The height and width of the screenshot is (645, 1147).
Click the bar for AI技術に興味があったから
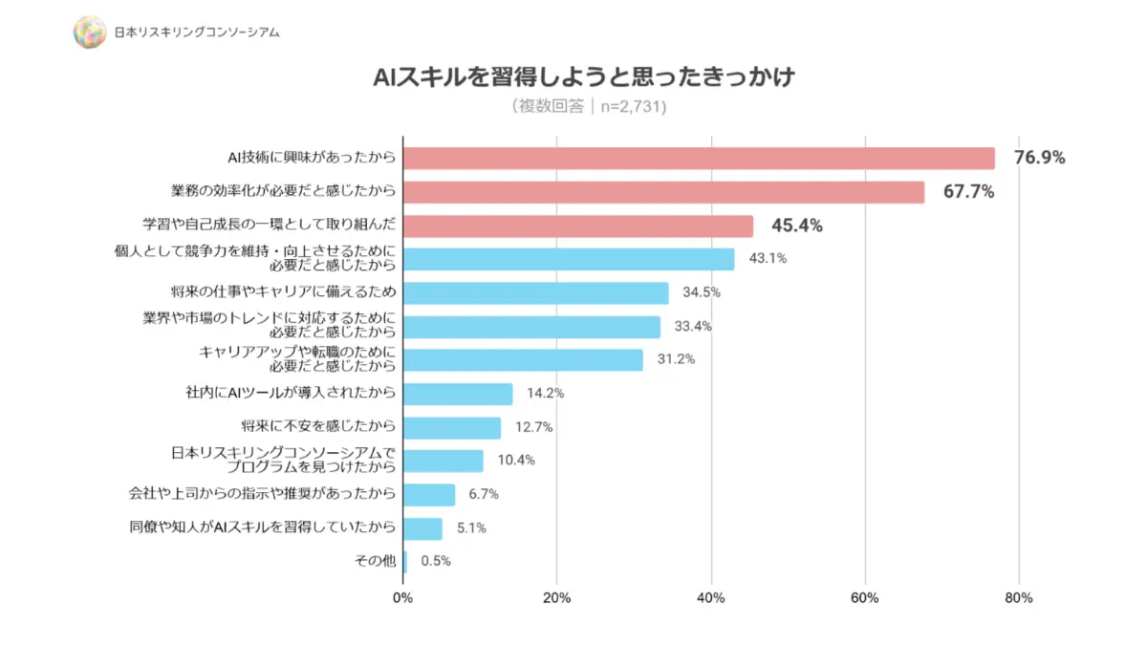coord(699,159)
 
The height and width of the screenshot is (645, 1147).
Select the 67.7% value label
coord(968,192)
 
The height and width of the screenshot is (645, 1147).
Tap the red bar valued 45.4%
coord(578,226)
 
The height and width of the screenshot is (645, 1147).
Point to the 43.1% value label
coord(768,259)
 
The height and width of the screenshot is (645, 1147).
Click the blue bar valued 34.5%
coord(536,292)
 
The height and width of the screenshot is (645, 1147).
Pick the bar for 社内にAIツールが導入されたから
coord(458,394)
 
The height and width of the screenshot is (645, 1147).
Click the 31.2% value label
coord(676,359)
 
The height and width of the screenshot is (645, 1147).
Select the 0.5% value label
coord(435,561)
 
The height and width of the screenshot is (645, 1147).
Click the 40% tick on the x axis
coord(711,598)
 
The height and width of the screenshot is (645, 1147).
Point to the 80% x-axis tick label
coord(1019,598)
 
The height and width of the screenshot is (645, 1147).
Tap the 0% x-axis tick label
coord(403,598)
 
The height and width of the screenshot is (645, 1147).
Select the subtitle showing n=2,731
coord(589,106)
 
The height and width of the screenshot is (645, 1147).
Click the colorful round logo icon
coord(89,32)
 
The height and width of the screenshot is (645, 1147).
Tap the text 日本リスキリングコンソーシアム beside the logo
coord(197,32)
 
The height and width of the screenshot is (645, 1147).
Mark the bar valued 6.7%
coord(429,494)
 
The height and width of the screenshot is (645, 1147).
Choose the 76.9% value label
coord(1039,158)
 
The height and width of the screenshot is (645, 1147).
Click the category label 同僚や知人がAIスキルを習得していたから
coord(262,527)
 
